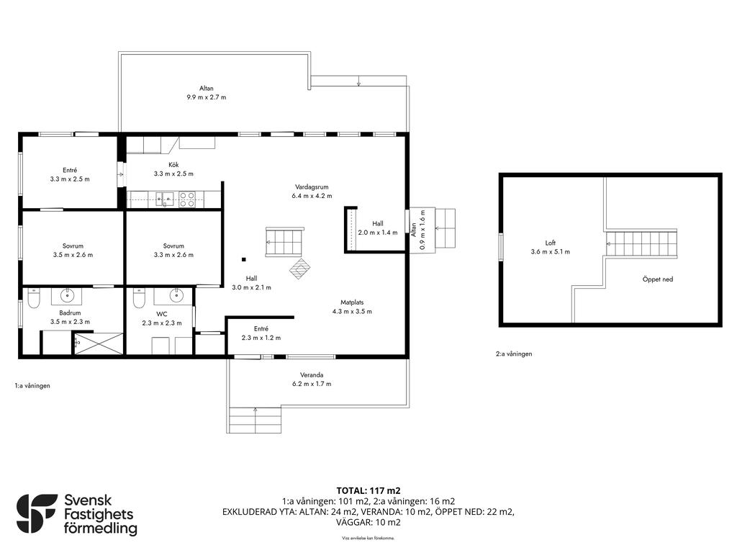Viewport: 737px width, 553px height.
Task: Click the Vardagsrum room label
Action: tap(312, 186)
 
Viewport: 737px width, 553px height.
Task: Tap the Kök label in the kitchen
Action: tap(173, 165)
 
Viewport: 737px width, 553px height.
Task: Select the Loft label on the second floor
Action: tap(551, 243)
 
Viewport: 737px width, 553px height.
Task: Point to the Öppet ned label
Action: tap(658, 279)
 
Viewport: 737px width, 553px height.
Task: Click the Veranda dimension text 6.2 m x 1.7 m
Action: tap(312, 384)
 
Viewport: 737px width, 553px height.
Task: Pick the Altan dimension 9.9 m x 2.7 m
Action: tap(207, 97)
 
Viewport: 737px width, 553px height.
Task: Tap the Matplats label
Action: tap(352, 302)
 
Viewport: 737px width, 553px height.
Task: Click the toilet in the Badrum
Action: tap(33, 299)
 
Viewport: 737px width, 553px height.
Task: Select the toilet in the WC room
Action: tap(139, 299)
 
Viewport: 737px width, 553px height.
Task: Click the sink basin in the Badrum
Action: tap(68, 296)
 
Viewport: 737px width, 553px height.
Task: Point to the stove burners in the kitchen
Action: tap(187, 199)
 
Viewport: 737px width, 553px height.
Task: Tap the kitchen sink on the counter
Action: tap(165, 199)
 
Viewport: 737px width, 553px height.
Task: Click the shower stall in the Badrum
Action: tap(98, 343)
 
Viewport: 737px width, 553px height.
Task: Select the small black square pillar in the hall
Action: tap(243, 259)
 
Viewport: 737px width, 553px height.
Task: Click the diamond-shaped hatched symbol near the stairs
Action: tap(299, 269)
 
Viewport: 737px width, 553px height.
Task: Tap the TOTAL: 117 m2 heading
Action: tap(368, 491)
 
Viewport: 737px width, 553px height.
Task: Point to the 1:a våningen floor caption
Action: tap(32, 386)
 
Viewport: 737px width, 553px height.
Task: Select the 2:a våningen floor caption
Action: tap(514, 354)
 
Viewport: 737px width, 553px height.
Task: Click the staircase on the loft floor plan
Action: tap(641, 243)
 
